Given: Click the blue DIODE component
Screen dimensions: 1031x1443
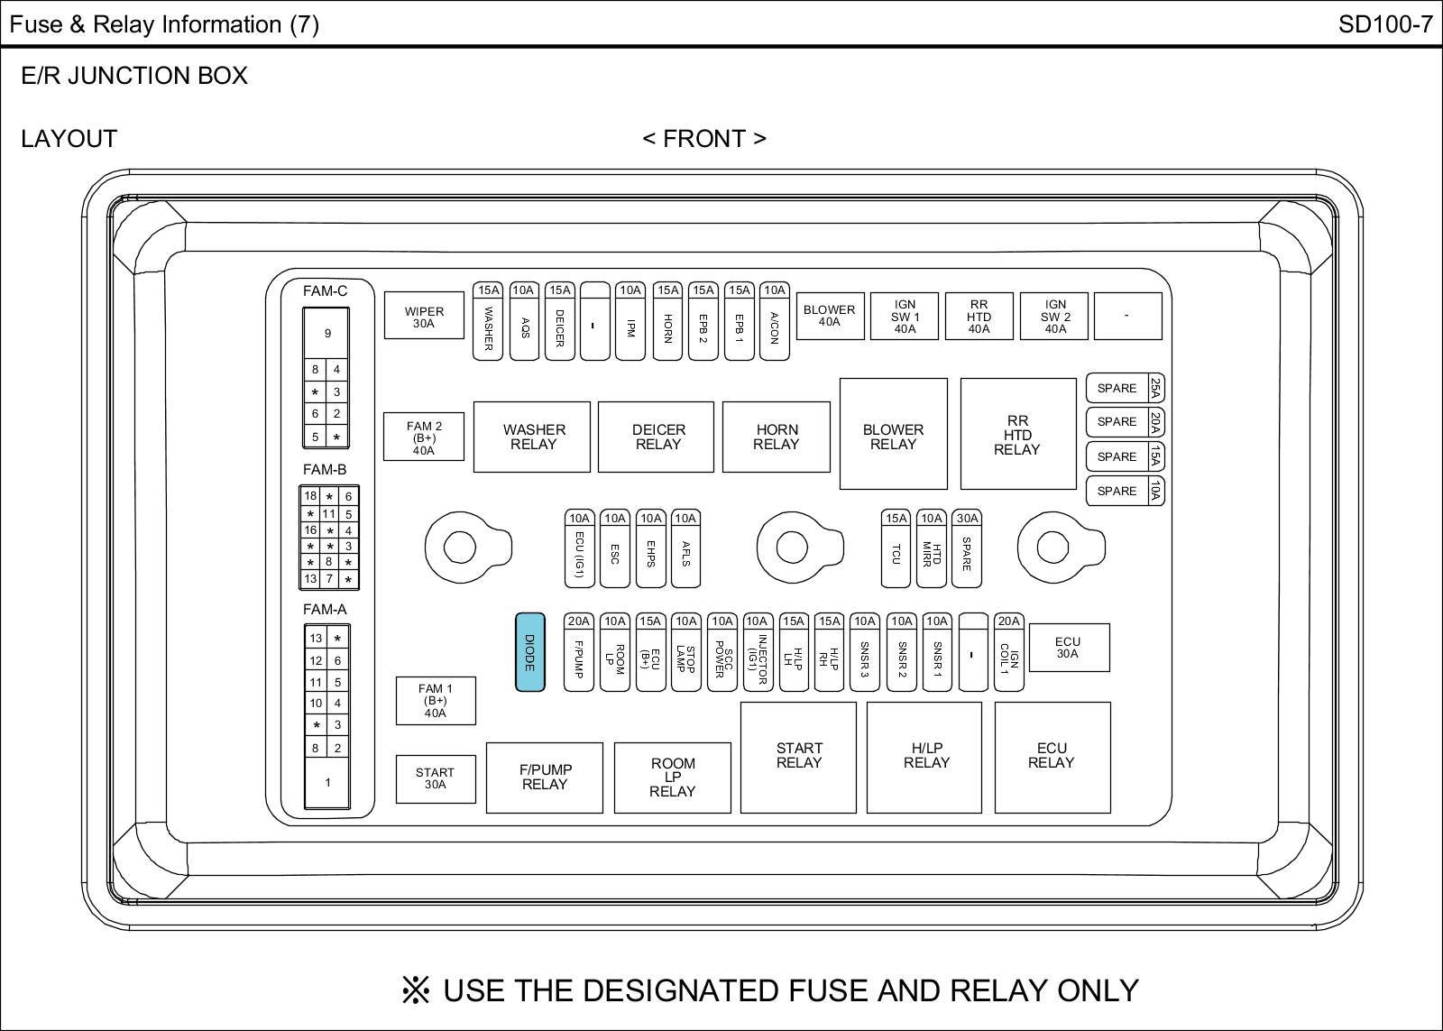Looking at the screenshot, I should [x=529, y=652].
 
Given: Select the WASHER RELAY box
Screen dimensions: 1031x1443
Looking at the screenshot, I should [x=533, y=437].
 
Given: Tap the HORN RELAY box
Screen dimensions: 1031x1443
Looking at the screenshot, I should [x=777, y=437].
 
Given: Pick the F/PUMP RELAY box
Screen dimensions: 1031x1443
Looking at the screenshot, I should [x=545, y=778].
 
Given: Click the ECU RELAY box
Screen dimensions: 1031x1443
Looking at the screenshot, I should [x=1052, y=757].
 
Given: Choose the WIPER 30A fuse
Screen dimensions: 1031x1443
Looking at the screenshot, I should [x=424, y=316].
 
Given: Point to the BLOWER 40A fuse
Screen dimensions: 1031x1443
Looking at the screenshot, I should [x=829, y=316].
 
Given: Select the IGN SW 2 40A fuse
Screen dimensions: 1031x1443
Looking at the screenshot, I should [x=1054, y=316].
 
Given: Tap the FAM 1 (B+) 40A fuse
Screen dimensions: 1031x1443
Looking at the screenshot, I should [x=436, y=701].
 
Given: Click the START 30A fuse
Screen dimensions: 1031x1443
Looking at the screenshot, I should [x=436, y=778].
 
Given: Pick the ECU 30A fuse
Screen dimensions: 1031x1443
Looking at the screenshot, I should [x=1069, y=648].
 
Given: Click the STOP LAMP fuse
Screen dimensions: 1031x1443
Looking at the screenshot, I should [x=686, y=659].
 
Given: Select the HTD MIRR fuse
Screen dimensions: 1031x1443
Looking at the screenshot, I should [x=931, y=553].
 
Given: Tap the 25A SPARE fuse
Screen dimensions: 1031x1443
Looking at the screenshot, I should [x=1125, y=388].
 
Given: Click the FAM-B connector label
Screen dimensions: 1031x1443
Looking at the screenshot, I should [x=325, y=469].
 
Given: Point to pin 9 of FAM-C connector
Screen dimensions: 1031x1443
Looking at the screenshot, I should [x=327, y=333].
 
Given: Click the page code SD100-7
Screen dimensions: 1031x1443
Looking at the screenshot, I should [x=1384, y=24].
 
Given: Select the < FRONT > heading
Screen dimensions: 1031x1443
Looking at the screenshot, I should [x=704, y=139].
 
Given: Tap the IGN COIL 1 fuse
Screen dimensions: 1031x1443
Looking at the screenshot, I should [x=1009, y=659].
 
